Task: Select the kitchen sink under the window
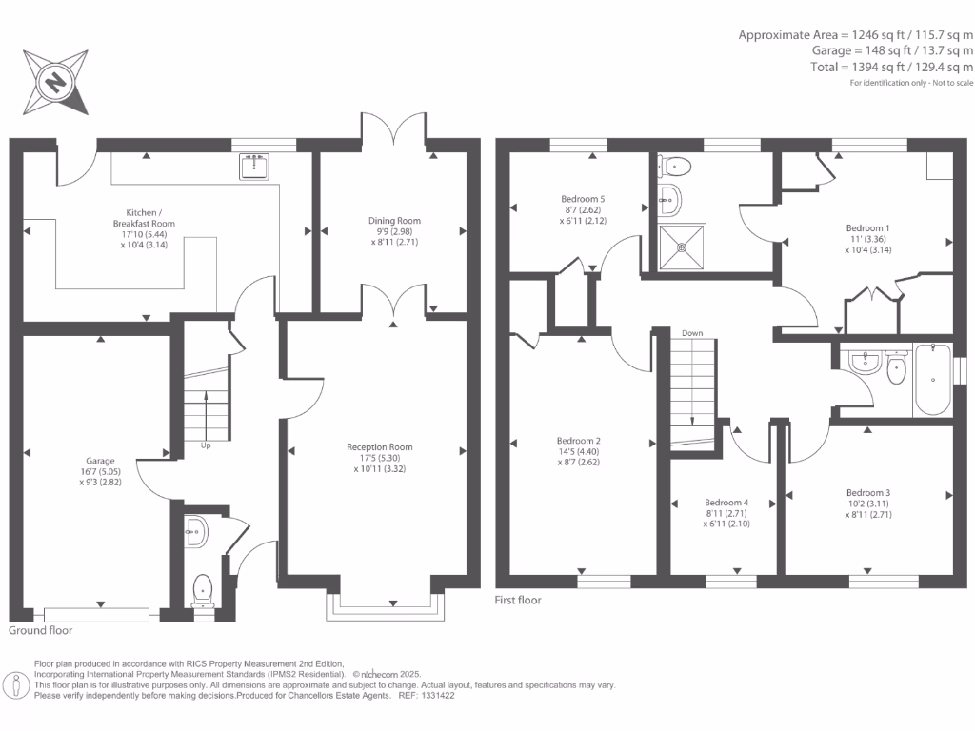pyautogui.click(x=253, y=168)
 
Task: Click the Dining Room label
pyautogui.click(x=394, y=221)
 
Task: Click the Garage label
pyautogui.click(x=100, y=458)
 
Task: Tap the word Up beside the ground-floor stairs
pyautogui.click(x=205, y=445)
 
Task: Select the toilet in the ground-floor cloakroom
pyautogui.click(x=202, y=590)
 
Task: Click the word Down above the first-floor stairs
pyautogui.click(x=692, y=333)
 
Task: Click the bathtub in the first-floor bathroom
pyautogui.click(x=932, y=380)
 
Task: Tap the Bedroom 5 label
pyautogui.click(x=583, y=199)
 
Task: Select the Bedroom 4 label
pyautogui.click(x=726, y=503)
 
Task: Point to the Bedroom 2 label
pyautogui.click(x=579, y=441)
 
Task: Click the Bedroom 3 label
pyautogui.click(x=868, y=492)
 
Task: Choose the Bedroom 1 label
pyautogui.click(x=868, y=228)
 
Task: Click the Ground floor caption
pyautogui.click(x=40, y=630)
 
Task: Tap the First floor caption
pyautogui.click(x=518, y=601)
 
